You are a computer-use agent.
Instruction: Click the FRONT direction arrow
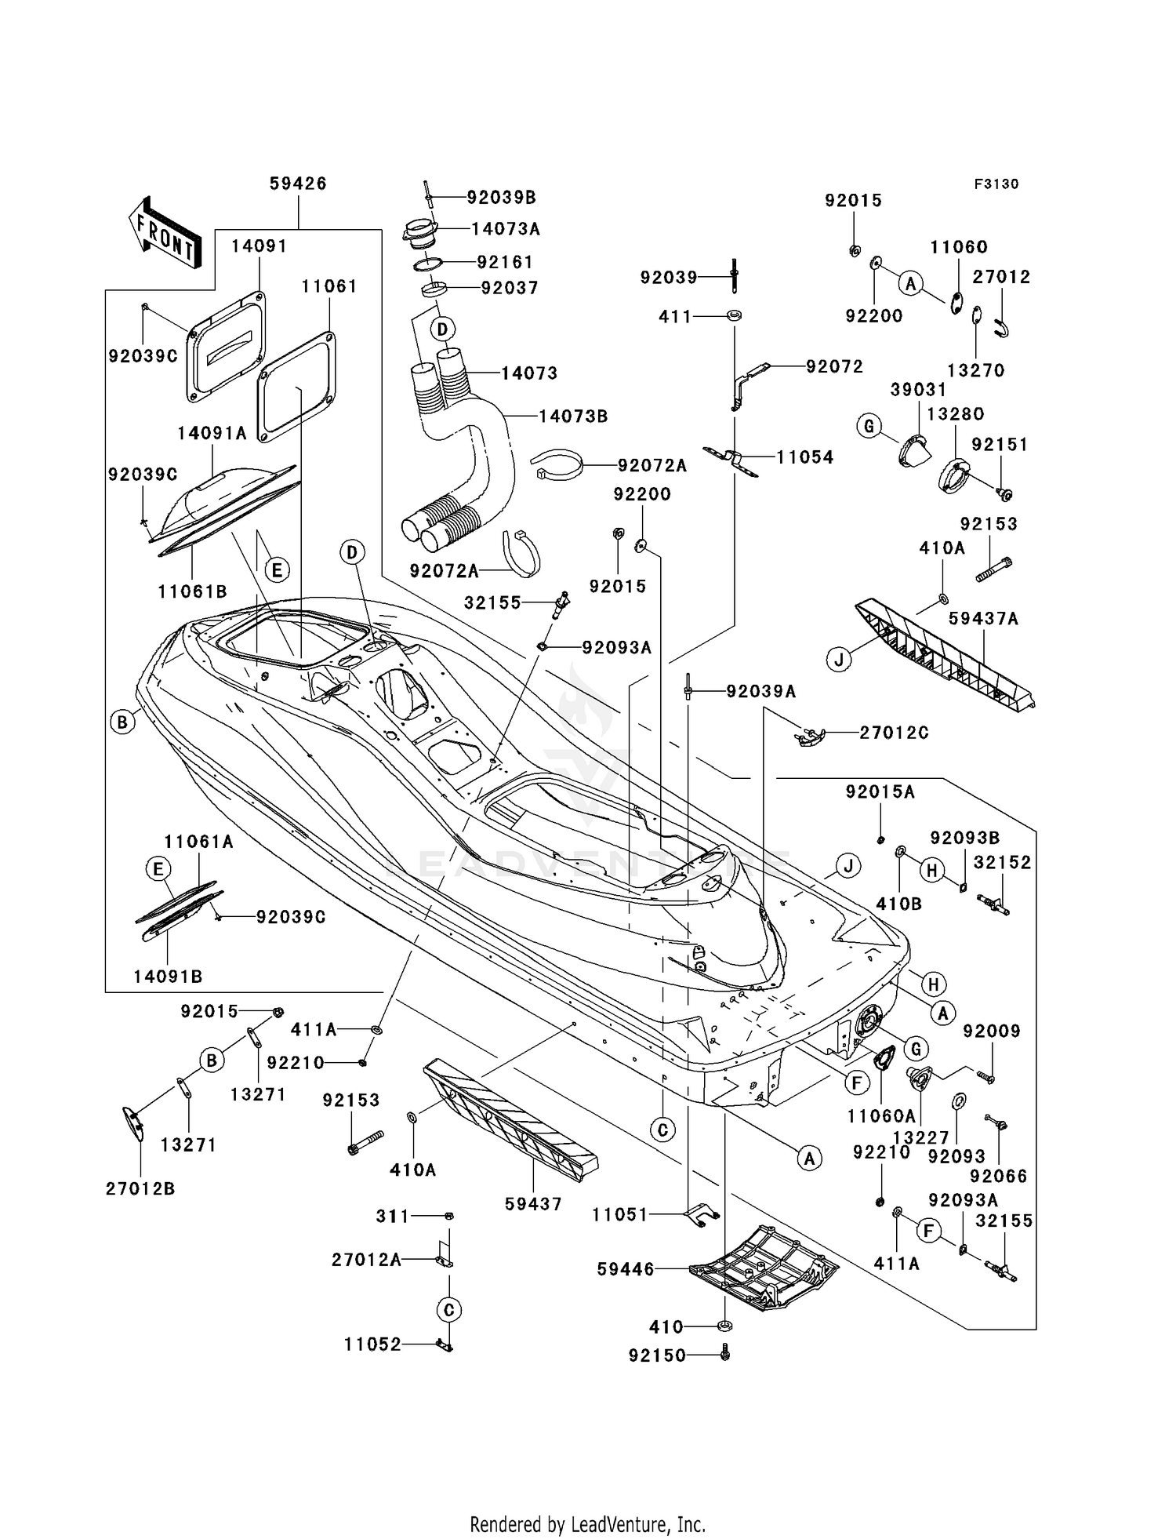pyautogui.click(x=165, y=233)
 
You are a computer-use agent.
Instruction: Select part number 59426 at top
pyautogui.click(x=298, y=184)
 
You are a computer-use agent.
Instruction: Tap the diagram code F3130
pyautogui.click(x=996, y=184)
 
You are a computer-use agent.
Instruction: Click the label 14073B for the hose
pyautogui.click(x=573, y=417)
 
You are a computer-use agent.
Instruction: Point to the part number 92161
pyautogui.click(x=506, y=262)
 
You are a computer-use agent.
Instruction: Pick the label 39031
pyautogui.click(x=918, y=390)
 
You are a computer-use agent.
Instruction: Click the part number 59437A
pyautogui.click(x=983, y=619)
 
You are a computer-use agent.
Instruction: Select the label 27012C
pyautogui.click(x=895, y=733)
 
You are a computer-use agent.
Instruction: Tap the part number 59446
pyautogui.click(x=626, y=1269)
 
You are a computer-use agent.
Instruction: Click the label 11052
pyautogui.click(x=372, y=1344)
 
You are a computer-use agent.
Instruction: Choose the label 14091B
pyautogui.click(x=168, y=977)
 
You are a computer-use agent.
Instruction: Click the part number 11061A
pyautogui.click(x=199, y=842)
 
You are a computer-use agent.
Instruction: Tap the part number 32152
pyautogui.click(x=1003, y=863)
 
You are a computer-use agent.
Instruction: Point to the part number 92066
pyautogui.click(x=998, y=1177)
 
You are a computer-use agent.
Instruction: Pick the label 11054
pyautogui.click(x=805, y=457)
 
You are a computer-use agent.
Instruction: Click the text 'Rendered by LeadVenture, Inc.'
pyautogui.click(x=588, y=1502)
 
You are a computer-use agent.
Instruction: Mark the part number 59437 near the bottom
pyautogui.click(x=533, y=1204)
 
